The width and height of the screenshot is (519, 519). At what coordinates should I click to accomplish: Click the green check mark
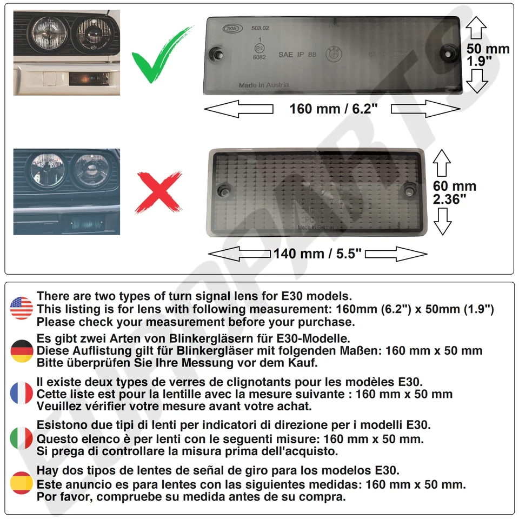pyautogui.click(x=162, y=57)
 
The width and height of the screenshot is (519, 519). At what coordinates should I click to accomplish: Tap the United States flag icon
pyautogui.click(x=22, y=308)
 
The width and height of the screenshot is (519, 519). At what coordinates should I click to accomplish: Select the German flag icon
pyautogui.click(x=22, y=351)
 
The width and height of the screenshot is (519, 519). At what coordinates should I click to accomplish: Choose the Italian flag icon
pyautogui.click(x=22, y=438)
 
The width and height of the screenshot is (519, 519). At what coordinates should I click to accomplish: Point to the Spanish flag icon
pyautogui.click(x=22, y=483)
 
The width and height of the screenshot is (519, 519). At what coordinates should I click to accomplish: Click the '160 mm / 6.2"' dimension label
pyautogui.click(x=333, y=109)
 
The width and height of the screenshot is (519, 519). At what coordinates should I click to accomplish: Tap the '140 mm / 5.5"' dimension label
pyautogui.click(x=317, y=254)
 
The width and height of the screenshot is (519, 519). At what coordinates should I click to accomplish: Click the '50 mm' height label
pyautogui.click(x=488, y=49)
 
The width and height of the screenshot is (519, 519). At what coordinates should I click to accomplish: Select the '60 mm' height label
pyautogui.click(x=455, y=187)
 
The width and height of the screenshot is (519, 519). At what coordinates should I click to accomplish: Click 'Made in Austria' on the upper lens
pyautogui.click(x=264, y=85)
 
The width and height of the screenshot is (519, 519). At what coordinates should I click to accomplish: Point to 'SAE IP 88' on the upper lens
pyautogui.click(x=297, y=55)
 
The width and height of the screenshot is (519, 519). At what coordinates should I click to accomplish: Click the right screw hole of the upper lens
pyautogui.click(x=448, y=52)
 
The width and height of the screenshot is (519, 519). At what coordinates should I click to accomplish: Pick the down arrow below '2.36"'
pyautogui.click(x=443, y=221)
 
